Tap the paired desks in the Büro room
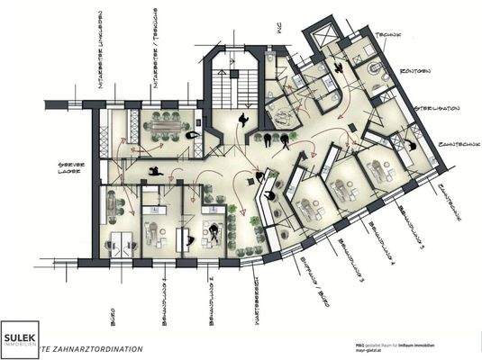point(119,237)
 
